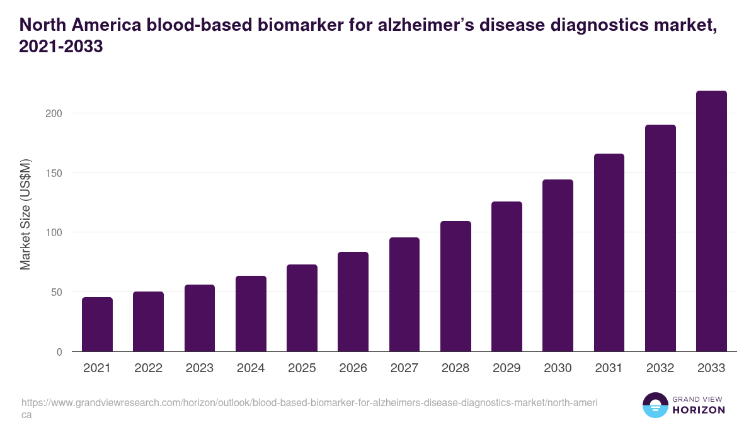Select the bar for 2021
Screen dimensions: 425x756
[x=97, y=324]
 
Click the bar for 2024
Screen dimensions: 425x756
[x=251, y=314]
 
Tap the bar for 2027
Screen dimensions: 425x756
[x=404, y=294]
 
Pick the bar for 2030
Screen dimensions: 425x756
[x=558, y=265]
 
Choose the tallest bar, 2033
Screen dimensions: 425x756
[x=711, y=221]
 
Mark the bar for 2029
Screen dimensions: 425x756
[x=507, y=276]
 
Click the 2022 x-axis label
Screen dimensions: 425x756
[x=148, y=368]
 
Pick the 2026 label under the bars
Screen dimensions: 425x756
[x=353, y=368]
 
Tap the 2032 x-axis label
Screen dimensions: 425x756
[x=660, y=368]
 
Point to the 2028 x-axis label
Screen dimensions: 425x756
[x=455, y=368]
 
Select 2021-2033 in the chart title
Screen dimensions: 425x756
[x=61, y=47]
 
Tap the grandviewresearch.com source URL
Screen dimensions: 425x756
[x=309, y=402]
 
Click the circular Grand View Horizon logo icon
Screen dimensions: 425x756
[x=655, y=405]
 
